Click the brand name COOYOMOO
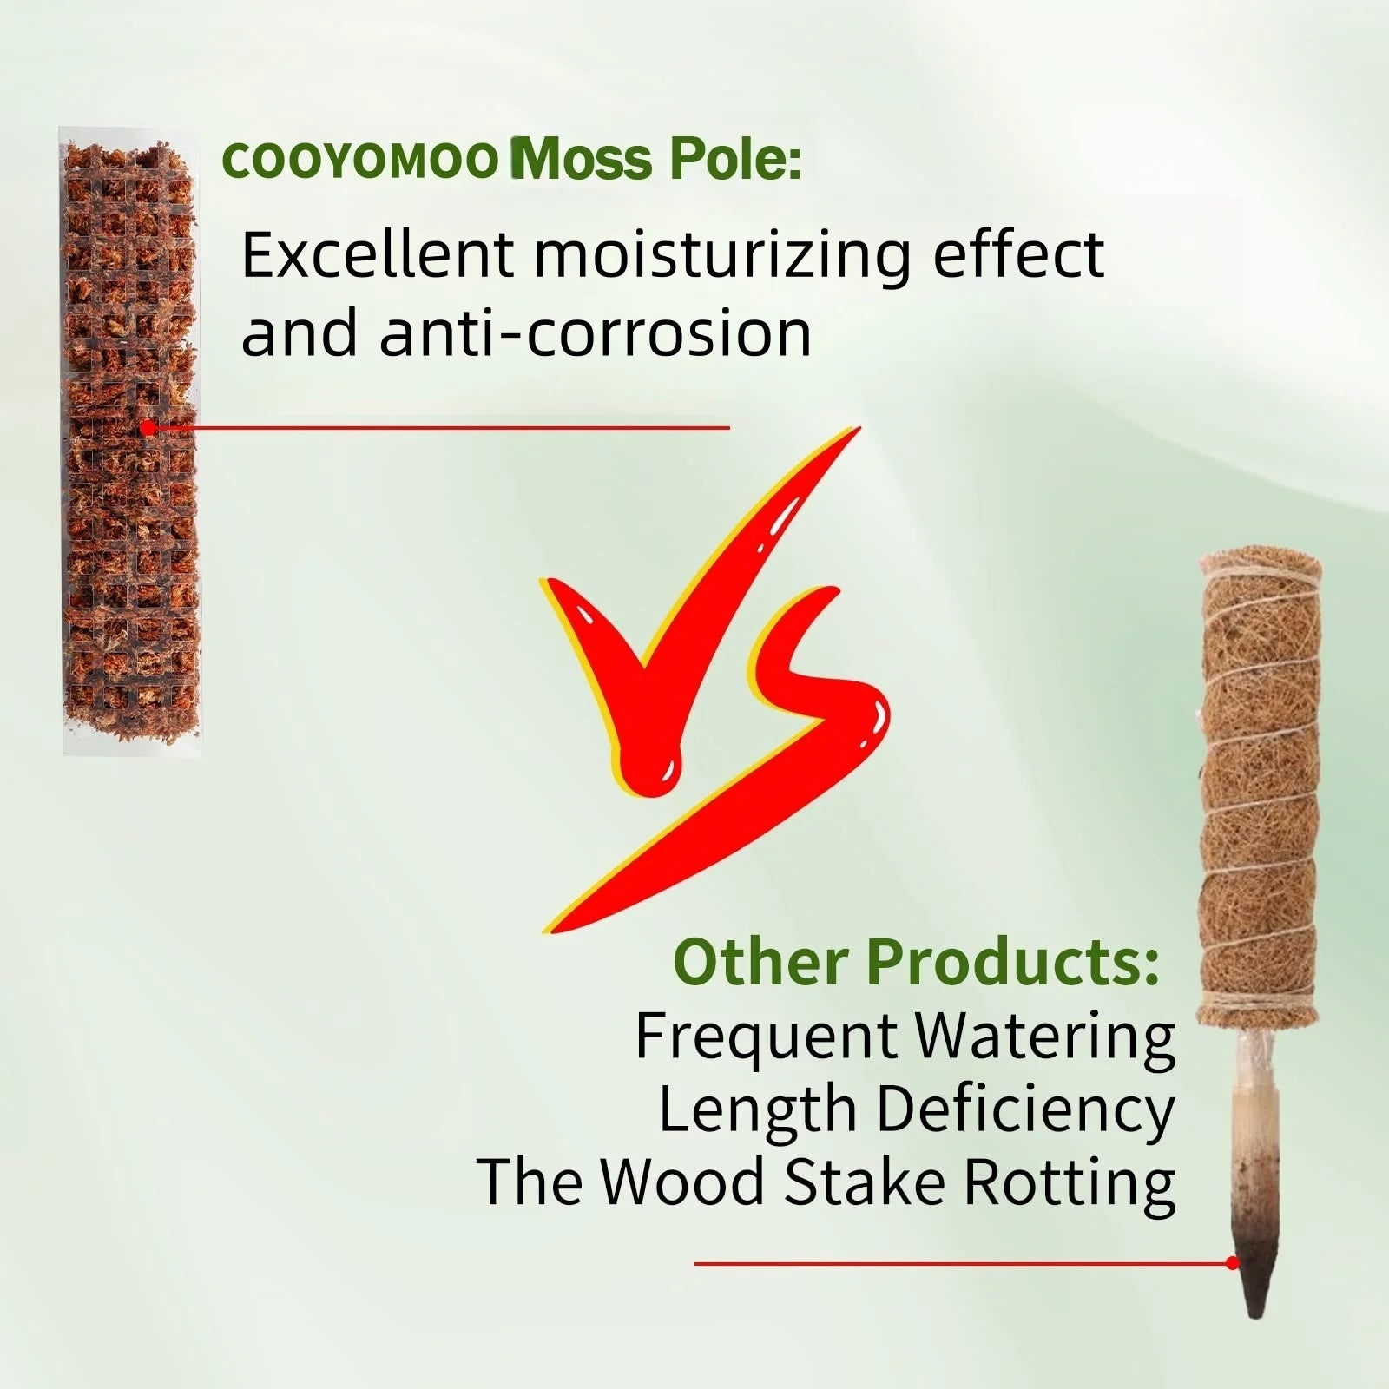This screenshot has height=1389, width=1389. tap(359, 161)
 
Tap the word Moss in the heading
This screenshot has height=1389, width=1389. tap(583, 160)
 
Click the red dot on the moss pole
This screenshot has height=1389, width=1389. tap(148, 428)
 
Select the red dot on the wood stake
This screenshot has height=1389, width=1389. tap(1233, 1263)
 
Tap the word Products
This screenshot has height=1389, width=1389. tap(1011, 963)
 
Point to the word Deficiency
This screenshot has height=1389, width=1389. tap(1024, 1110)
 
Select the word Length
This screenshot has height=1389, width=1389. tap(757, 1110)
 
